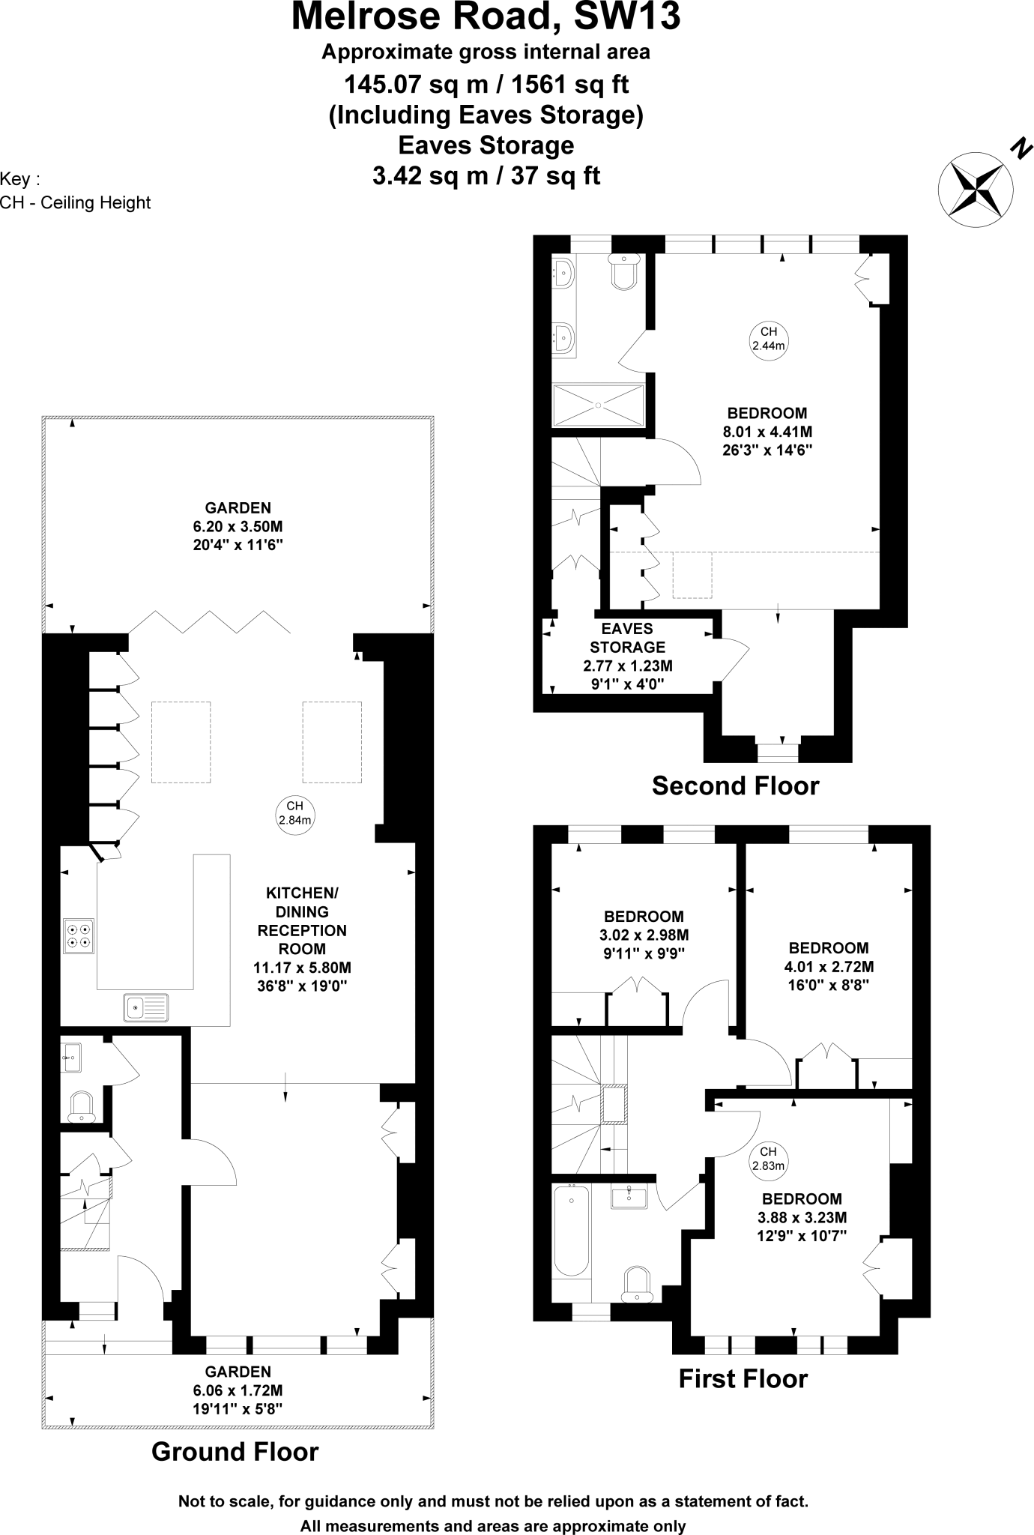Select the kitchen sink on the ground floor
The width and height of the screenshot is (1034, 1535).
click(147, 1007)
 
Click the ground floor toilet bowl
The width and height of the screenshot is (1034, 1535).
click(81, 1106)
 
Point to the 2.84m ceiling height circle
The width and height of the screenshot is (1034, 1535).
click(294, 814)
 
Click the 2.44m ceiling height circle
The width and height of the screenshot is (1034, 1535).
click(769, 339)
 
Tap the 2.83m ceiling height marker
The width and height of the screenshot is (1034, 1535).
click(768, 1158)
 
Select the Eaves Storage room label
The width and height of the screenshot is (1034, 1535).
click(627, 638)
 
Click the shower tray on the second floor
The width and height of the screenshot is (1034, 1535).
click(598, 405)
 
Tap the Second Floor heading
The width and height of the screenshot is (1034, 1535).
click(735, 785)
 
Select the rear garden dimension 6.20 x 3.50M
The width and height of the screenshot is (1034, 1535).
click(238, 526)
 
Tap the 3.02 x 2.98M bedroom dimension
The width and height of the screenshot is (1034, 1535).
click(644, 935)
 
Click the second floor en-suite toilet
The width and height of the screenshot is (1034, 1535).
click(624, 272)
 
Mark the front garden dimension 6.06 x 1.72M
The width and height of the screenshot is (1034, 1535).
click(238, 1390)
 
